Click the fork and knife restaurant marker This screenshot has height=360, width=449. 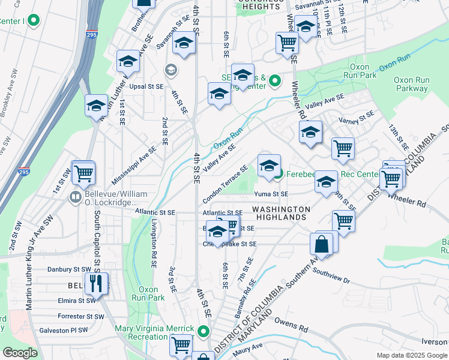(96, 283)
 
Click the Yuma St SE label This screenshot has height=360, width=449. (271, 194)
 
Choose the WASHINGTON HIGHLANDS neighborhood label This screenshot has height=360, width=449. (281, 214)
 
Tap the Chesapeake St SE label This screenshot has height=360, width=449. (230, 244)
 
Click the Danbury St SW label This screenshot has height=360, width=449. (70, 269)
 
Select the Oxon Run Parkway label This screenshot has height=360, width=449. (411, 84)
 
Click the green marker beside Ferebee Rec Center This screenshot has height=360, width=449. (279, 175)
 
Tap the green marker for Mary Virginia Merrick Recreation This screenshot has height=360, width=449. (204, 331)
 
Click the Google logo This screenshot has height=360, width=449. (20, 353)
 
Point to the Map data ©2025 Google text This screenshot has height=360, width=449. (412, 355)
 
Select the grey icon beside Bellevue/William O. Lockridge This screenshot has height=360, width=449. (76, 196)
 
